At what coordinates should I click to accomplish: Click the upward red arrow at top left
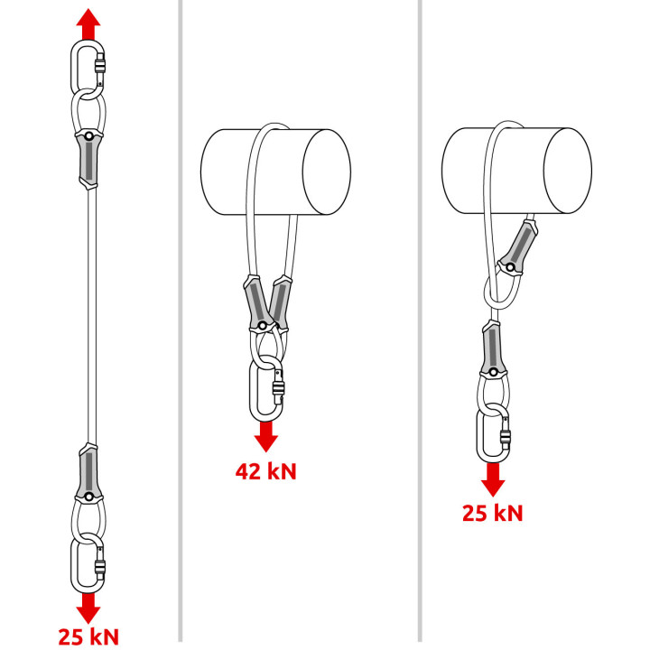88,24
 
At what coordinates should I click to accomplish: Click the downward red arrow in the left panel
88,608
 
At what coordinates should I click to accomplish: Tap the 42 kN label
265,471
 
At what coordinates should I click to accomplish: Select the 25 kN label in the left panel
88,636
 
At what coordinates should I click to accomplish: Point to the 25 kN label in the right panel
493,513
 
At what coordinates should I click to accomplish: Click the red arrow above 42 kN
265,437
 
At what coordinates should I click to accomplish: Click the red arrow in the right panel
493,479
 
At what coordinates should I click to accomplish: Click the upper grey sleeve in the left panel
88,159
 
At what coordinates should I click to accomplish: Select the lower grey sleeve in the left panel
88,473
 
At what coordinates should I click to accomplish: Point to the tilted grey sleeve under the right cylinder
518,247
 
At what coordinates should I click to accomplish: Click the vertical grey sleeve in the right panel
492,348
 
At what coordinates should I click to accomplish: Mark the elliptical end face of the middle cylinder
327,172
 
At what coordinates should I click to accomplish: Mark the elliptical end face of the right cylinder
568,171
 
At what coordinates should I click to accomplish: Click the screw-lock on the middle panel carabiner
278,389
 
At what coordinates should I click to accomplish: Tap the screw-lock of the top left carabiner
99,66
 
